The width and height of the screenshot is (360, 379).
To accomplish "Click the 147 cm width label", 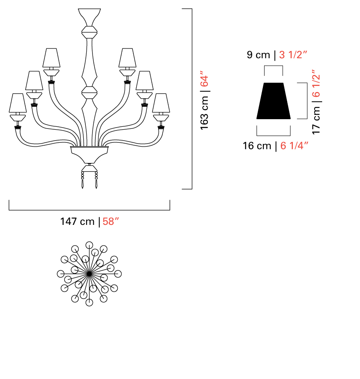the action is pos(77,222).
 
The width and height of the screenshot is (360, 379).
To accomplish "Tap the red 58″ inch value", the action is pos(111,222).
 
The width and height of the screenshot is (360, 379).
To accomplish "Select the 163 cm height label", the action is pos(204,113).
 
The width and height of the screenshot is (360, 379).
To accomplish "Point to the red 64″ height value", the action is pos(204,79).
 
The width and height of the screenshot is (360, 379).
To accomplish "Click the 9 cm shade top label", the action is pos(258,55).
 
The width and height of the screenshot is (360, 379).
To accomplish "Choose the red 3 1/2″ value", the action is pos(293,55).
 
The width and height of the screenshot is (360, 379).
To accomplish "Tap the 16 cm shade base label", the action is pos(257,146).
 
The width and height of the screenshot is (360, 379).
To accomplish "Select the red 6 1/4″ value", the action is pos(294,146).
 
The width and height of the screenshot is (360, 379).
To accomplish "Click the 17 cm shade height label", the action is pos(316,120).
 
